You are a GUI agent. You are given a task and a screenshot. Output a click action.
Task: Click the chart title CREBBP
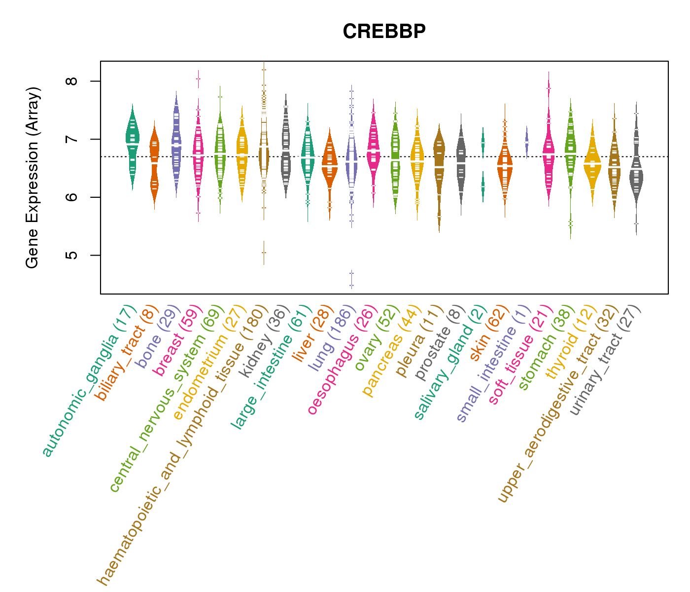[384, 32]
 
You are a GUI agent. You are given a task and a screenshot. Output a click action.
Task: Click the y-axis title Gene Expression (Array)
[33, 178]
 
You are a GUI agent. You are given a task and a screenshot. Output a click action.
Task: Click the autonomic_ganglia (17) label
[89, 381]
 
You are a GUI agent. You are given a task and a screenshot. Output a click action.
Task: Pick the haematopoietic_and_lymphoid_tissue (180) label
[182, 445]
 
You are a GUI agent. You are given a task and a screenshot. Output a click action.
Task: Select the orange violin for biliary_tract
[154, 163]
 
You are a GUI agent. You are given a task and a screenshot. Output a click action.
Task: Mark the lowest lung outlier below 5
[352, 285]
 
